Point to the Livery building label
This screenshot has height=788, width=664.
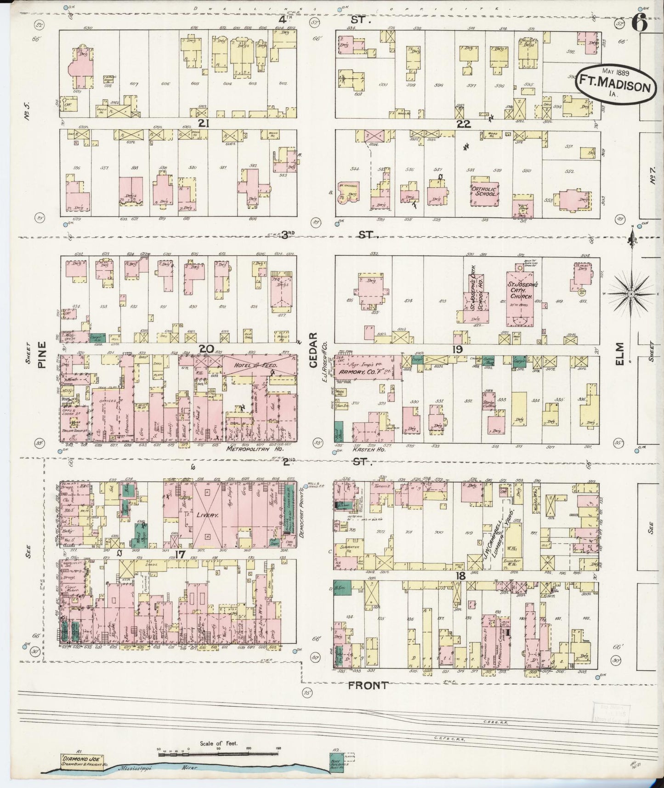pos(207,515)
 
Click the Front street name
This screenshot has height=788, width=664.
pos(367,685)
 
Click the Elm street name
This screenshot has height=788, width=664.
pos(621,354)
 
